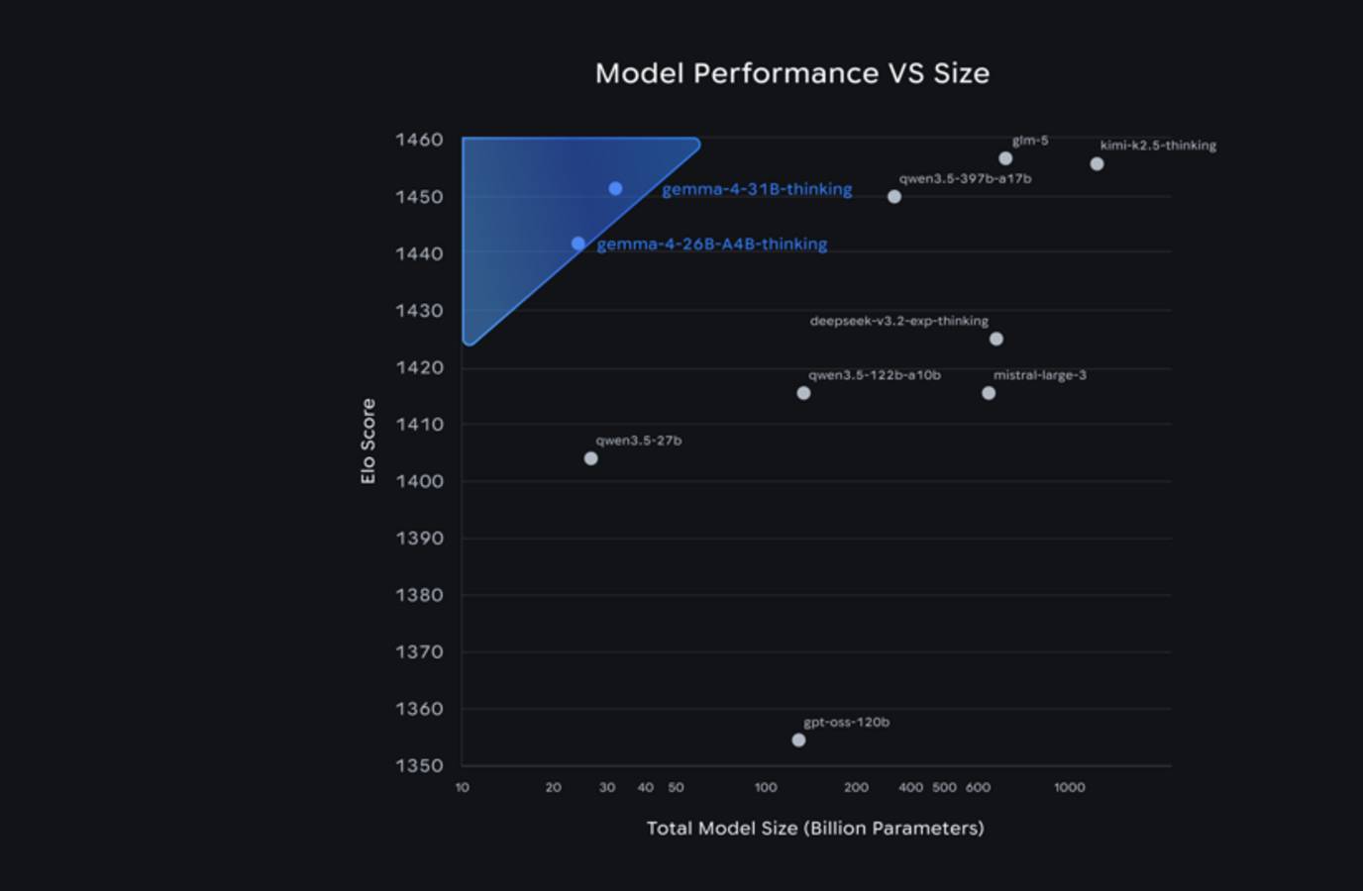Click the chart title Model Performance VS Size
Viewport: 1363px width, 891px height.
pyautogui.click(x=791, y=73)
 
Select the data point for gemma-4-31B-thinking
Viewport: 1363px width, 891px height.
pyautogui.click(x=615, y=188)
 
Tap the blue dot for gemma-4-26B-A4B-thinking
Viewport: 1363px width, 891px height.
pyautogui.click(x=577, y=244)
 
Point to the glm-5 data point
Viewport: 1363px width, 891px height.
pyautogui.click(x=1005, y=158)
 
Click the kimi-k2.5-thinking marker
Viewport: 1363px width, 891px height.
pyautogui.click(x=1097, y=164)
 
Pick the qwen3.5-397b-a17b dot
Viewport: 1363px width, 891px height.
pyautogui.click(x=894, y=197)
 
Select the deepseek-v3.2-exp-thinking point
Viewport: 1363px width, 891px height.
pyautogui.click(x=996, y=340)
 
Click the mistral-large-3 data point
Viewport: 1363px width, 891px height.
pyautogui.click(x=989, y=393)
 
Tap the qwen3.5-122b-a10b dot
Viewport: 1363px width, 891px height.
pyautogui.click(x=803, y=393)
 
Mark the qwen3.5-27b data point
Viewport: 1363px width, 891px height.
pyautogui.click(x=591, y=458)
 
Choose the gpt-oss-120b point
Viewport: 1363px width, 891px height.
pyautogui.click(x=799, y=741)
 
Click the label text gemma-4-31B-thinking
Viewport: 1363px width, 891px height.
pyautogui.click(x=757, y=189)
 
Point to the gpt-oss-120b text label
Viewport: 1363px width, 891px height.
pyautogui.click(x=846, y=723)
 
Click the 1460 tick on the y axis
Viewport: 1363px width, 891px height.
pyautogui.click(x=419, y=140)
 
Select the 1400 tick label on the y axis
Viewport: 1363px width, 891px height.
pyautogui.click(x=419, y=481)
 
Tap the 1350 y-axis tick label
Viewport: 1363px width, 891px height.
pyautogui.click(x=419, y=765)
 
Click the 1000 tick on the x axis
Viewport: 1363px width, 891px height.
pyautogui.click(x=1069, y=788)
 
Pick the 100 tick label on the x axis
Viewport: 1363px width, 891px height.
pyautogui.click(x=766, y=788)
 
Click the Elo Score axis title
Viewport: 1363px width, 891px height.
pyautogui.click(x=368, y=442)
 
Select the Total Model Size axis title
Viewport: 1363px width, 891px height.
pyautogui.click(x=815, y=828)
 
